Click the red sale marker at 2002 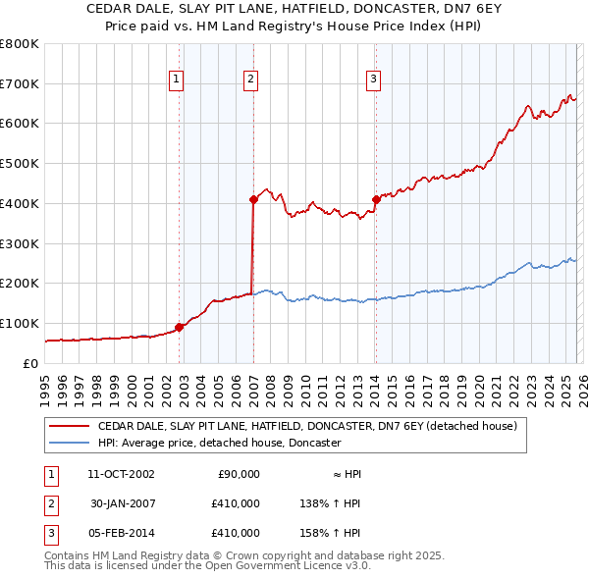coord(180,327)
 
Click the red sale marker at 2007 coord(253,199)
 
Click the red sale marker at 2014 coord(376,199)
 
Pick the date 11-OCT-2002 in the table coord(121,474)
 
